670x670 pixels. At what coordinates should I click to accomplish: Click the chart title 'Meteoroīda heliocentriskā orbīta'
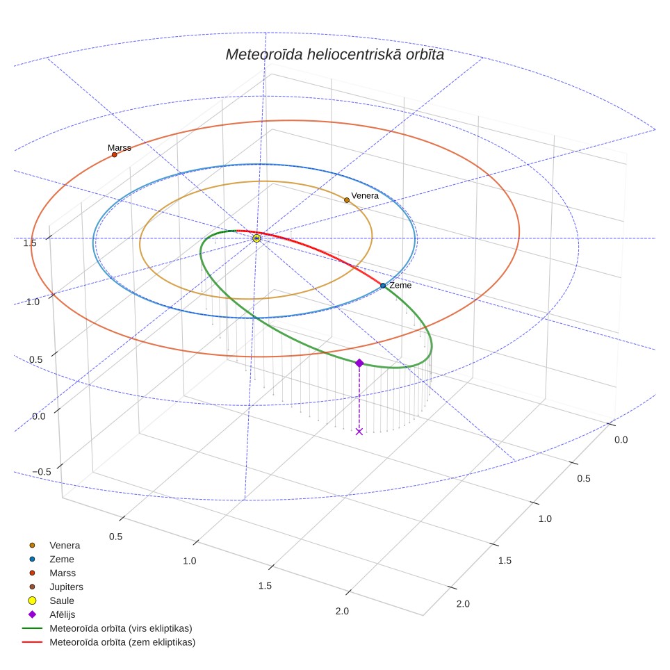(x=334, y=54)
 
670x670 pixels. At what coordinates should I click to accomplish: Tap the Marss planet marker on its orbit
(x=114, y=155)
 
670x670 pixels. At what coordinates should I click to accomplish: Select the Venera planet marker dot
(x=347, y=200)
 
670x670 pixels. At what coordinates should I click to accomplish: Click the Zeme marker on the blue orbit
(x=383, y=286)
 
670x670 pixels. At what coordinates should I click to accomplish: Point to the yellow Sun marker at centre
(x=256, y=238)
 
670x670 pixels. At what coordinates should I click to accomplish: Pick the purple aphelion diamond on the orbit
(x=359, y=363)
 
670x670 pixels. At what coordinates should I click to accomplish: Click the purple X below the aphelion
(x=359, y=432)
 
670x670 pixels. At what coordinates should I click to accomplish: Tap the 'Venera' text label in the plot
(x=364, y=196)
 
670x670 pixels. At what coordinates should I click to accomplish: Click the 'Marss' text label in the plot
(x=120, y=148)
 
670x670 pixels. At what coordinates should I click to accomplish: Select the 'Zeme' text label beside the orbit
(x=400, y=286)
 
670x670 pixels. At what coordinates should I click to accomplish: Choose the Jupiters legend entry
(x=56, y=587)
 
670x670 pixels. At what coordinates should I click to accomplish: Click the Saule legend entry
(x=51, y=600)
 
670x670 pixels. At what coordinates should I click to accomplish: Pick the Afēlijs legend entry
(x=52, y=614)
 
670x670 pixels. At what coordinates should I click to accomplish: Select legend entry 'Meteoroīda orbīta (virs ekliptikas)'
(x=107, y=628)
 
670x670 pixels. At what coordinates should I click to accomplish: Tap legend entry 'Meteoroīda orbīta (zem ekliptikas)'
(x=108, y=642)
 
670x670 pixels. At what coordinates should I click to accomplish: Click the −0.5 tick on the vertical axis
(x=42, y=472)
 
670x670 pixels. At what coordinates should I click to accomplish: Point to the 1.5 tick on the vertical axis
(x=29, y=243)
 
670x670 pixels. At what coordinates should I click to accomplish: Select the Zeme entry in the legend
(x=51, y=559)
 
